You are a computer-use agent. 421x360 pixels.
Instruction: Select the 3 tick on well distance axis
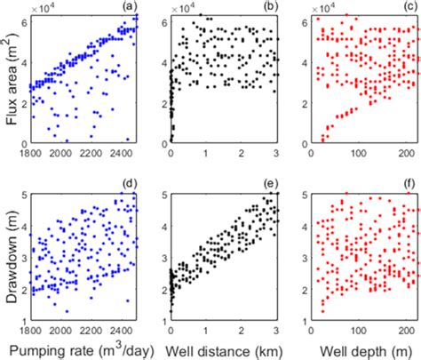279,326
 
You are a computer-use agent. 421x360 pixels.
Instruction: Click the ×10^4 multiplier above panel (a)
42,6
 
